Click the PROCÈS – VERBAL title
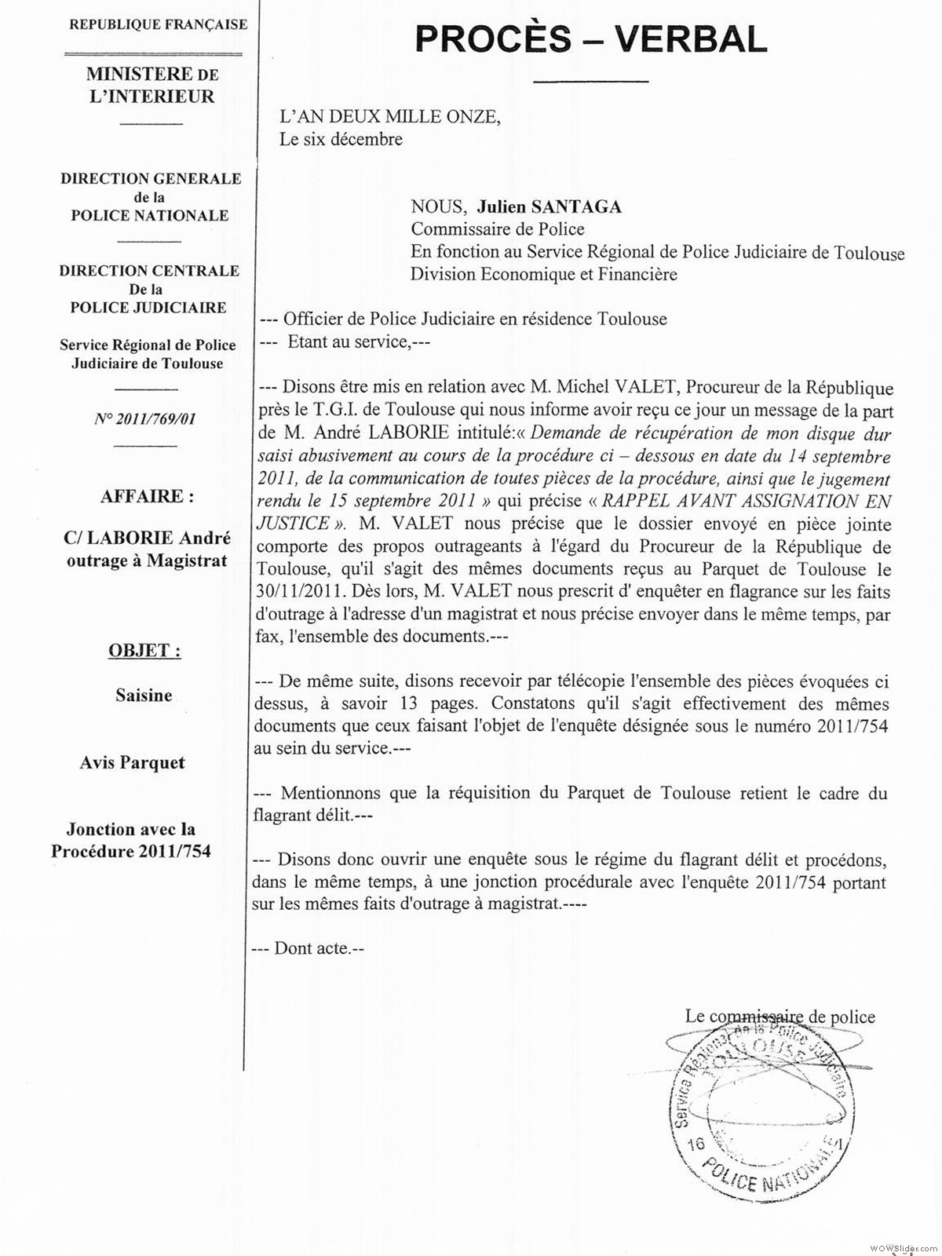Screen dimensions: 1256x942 590,40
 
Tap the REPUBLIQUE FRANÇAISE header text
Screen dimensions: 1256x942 159,24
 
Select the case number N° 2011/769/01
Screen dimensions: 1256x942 144,418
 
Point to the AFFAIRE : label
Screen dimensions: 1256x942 147,496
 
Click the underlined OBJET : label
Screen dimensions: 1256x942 144,651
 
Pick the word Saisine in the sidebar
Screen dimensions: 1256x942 144,696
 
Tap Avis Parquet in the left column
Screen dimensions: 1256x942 133,762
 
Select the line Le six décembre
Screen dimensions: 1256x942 341,140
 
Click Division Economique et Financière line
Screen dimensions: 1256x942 544,275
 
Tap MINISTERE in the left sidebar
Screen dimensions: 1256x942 139,75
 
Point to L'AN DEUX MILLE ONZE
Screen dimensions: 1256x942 389,117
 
